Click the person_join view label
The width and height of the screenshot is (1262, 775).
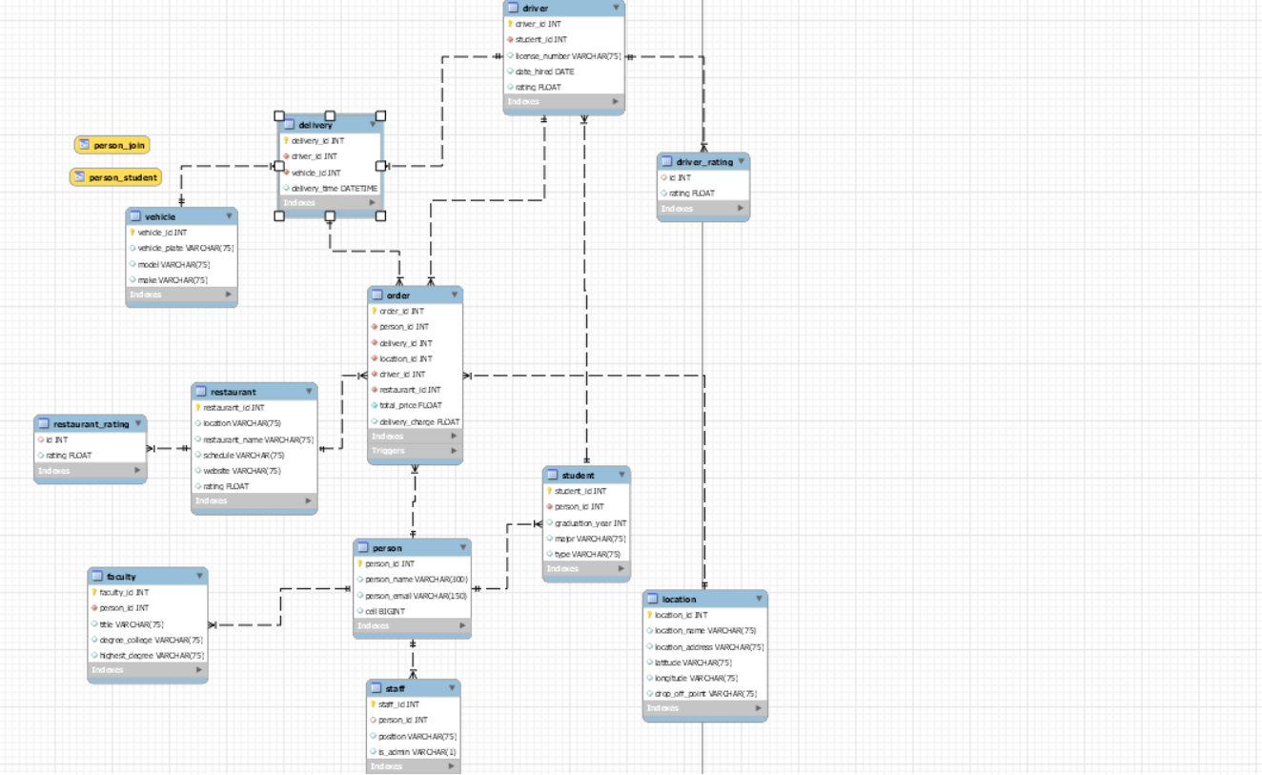(x=112, y=145)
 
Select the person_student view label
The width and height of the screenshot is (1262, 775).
(x=115, y=177)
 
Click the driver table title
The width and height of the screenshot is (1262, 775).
(x=536, y=8)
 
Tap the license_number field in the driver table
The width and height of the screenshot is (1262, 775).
(x=568, y=56)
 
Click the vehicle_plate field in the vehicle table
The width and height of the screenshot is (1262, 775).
(x=185, y=248)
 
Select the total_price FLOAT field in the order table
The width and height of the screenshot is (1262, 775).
(x=411, y=405)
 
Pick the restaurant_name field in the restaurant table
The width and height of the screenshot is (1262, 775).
(x=257, y=439)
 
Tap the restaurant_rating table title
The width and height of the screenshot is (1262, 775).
(x=91, y=424)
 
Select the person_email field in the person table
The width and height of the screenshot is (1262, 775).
(x=416, y=596)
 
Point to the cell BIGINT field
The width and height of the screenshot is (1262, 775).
(x=385, y=611)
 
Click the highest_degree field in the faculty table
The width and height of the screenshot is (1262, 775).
(x=152, y=656)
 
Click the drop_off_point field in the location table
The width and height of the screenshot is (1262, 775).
(x=705, y=694)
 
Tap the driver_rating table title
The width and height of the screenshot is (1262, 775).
(x=704, y=162)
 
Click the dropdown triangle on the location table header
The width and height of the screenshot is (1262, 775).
(x=759, y=599)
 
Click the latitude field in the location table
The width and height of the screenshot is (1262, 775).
(x=693, y=663)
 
